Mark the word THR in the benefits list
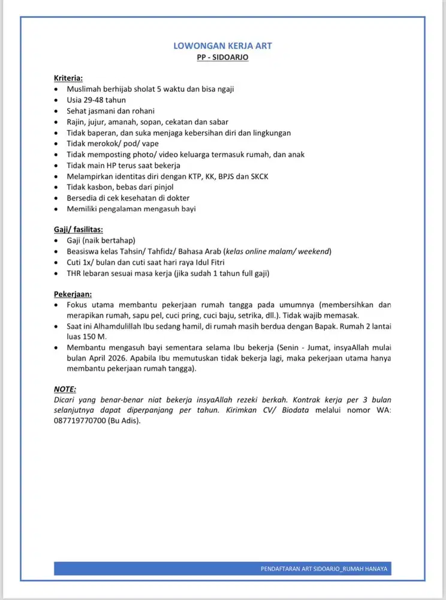click(74, 274)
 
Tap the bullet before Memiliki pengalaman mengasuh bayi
click(56, 209)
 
